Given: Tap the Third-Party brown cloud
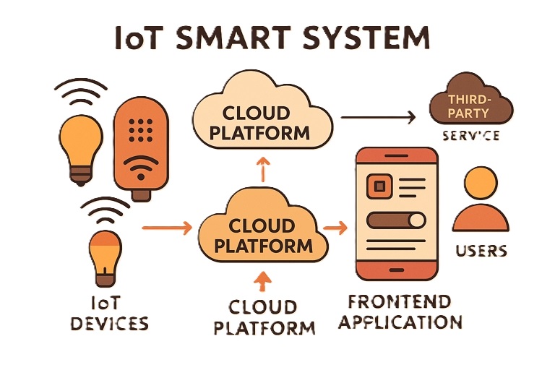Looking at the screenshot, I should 468,106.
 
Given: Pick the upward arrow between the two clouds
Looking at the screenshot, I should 263,169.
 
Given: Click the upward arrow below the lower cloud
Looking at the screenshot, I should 263,279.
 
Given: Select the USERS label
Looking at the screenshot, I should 481,251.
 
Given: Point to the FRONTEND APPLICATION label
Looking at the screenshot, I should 400,311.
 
